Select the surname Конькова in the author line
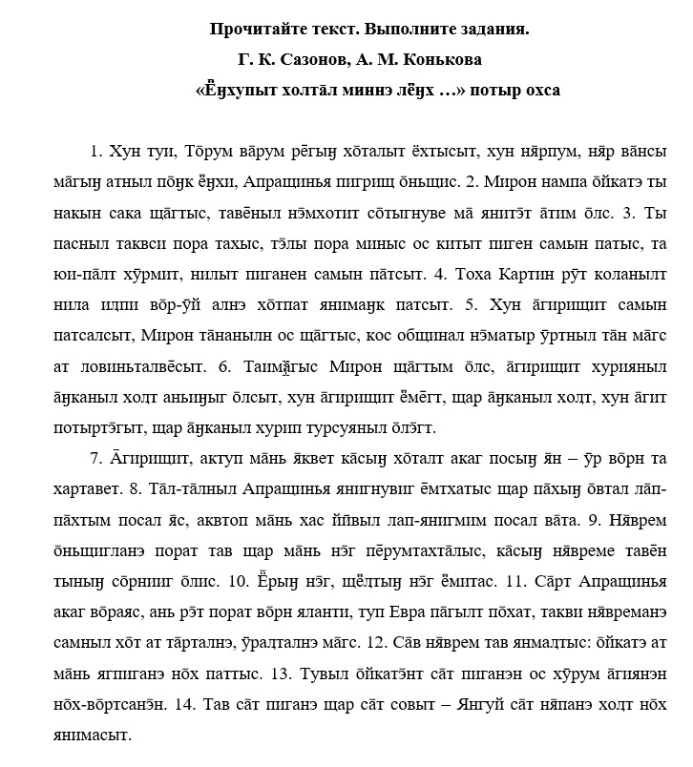[442, 60]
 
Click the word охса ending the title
[537, 91]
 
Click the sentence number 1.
[94, 151]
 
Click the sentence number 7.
[95, 459]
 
